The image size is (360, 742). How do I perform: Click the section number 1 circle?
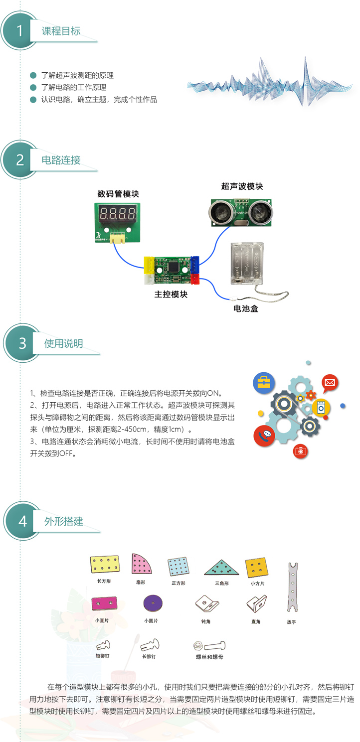click(20, 31)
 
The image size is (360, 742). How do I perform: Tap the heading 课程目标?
click(61, 31)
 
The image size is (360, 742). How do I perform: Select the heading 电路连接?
click(61, 160)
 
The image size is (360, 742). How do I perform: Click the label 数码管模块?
click(118, 194)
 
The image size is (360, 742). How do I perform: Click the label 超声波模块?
click(242, 186)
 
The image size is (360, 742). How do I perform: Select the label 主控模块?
click(171, 294)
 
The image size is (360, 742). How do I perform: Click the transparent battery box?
click(246, 264)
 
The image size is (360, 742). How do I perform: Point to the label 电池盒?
click(246, 309)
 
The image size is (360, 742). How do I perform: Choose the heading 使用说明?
click(63, 343)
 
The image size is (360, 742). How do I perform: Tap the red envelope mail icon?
click(329, 383)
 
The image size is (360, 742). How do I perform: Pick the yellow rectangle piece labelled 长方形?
click(105, 564)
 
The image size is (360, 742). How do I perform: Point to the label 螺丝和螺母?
click(209, 657)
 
